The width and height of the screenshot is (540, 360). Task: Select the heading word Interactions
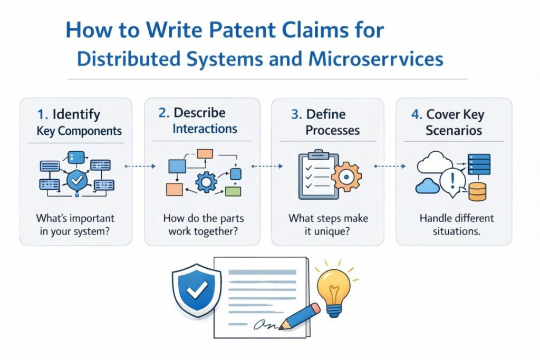coord(205,129)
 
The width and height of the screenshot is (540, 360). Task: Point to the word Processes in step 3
coord(327,130)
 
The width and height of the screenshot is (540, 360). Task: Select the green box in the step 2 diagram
coord(233,191)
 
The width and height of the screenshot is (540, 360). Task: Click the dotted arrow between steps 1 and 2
coord(140,166)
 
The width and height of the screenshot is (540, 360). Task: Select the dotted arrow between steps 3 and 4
coord(390,166)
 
